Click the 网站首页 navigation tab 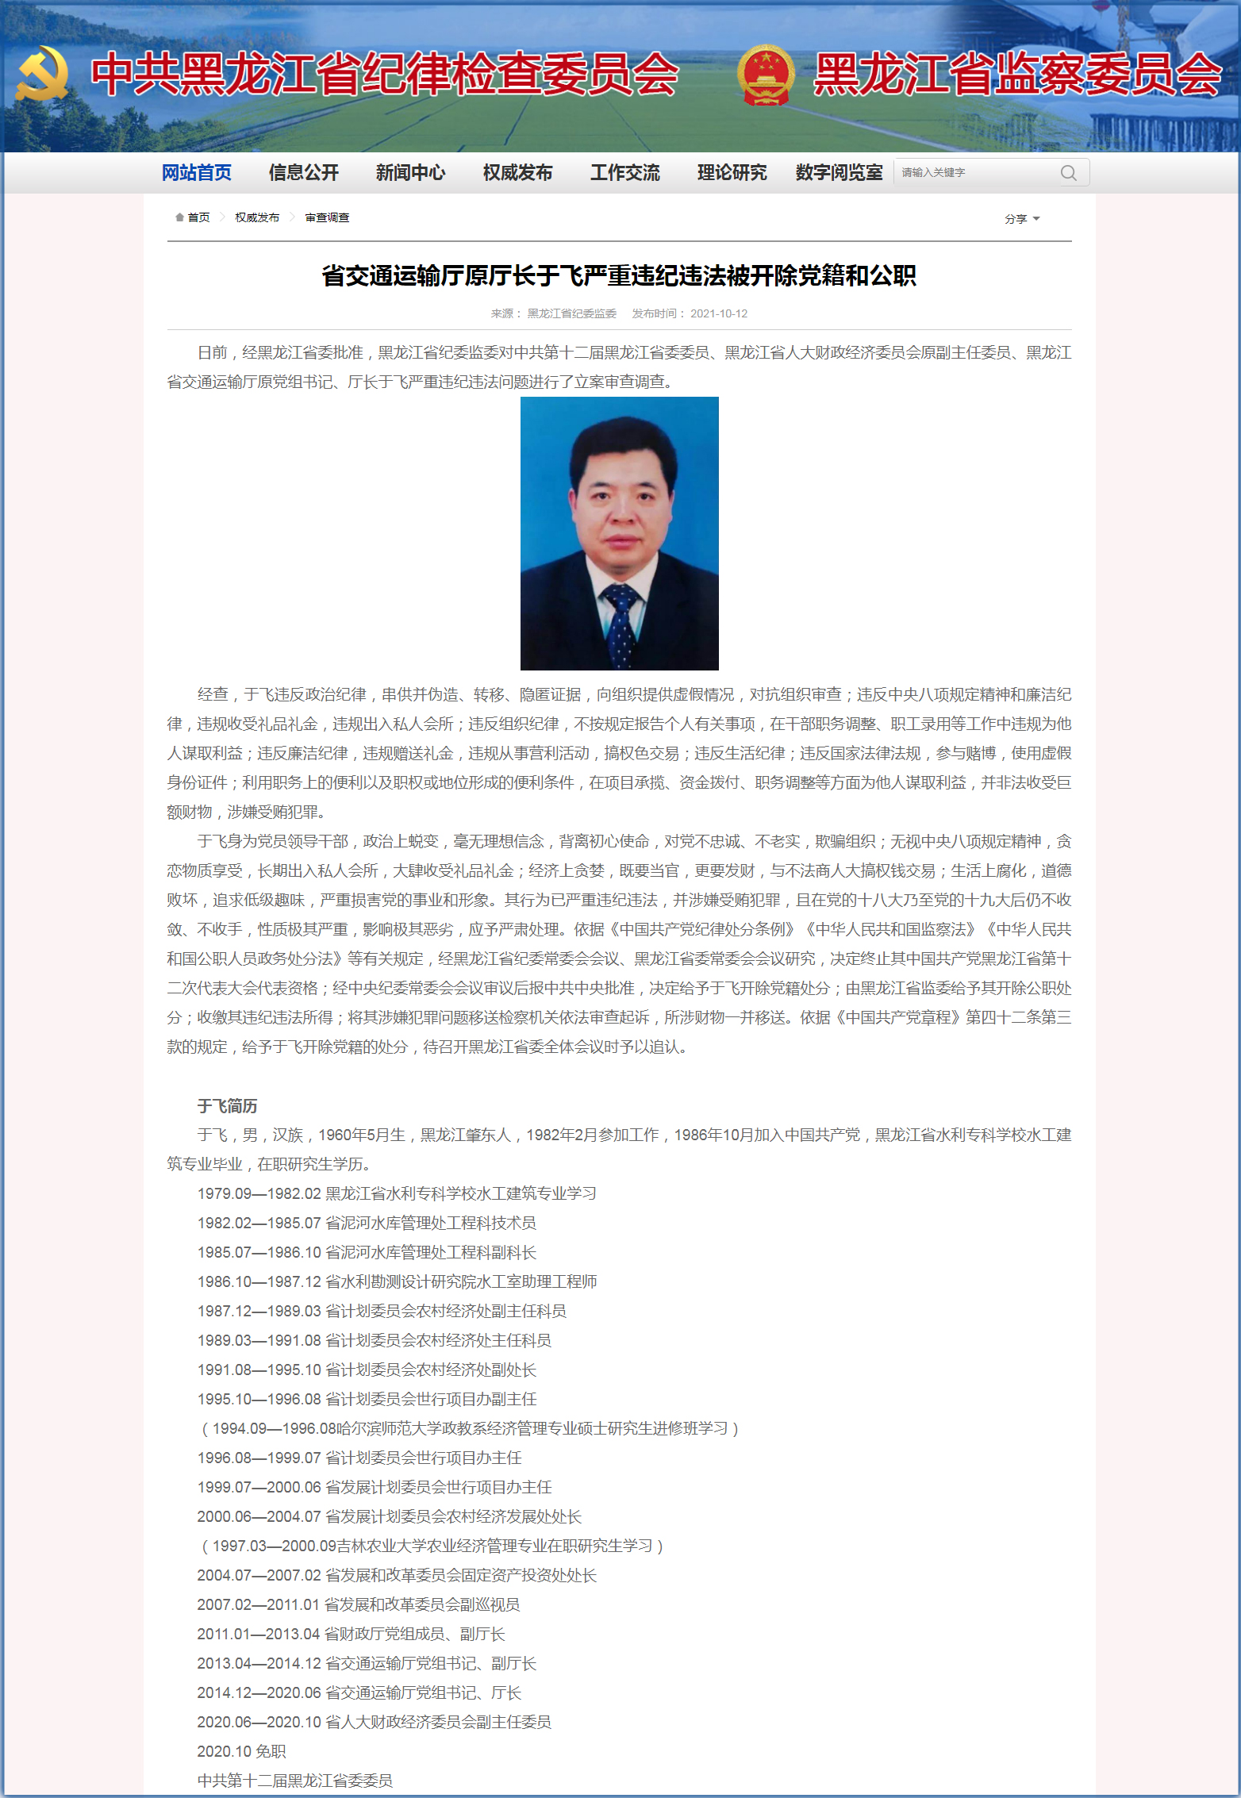coord(196,172)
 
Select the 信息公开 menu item coord(303,172)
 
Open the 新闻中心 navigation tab coord(410,172)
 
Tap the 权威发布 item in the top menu coord(517,172)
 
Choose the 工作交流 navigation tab coord(624,172)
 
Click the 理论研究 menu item coord(732,172)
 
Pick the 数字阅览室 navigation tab coord(839,172)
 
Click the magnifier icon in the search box coord(1068,173)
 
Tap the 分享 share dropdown coord(1021,218)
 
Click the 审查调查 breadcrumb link coord(327,217)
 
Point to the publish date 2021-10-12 coord(718,313)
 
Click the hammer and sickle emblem coord(41,73)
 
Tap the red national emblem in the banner coord(765,75)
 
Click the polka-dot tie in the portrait coord(621,623)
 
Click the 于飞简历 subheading coord(227,1105)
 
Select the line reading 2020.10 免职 coord(241,1751)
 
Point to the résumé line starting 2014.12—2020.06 coord(359,1692)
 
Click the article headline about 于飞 coord(619,275)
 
